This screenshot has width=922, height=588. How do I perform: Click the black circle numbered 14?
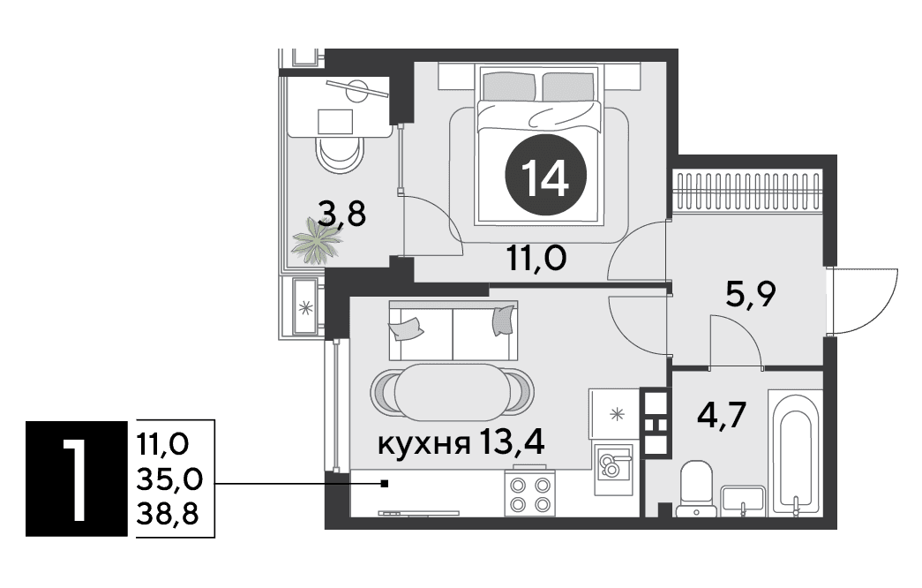click(x=545, y=175)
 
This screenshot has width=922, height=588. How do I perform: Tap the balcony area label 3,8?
click(x=341, y=214)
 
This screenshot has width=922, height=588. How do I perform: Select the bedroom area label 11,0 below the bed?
click(x=536, y=258)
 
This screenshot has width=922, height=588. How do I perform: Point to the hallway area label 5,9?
click(x=751, y=294)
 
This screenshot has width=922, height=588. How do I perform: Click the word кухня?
click(x=424, y=444)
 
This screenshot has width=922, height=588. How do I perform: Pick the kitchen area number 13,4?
click(x=512, y=441)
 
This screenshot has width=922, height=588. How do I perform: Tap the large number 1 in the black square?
click(x=77, y=479)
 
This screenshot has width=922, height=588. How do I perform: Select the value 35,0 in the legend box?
click(x=169, y=479)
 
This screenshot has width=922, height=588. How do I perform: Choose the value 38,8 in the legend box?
click(x=169, y=515)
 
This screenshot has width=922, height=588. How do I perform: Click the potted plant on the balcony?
click(x=317, y=240)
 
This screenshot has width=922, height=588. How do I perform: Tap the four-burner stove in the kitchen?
click(x=529, y=494)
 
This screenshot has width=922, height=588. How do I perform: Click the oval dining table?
click(x=453, y=392)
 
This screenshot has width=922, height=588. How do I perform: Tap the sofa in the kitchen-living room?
click(x=454, y=331)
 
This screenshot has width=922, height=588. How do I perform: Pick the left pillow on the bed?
click(x=509, y=86)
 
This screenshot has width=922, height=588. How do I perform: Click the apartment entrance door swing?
click(x=862, y=301)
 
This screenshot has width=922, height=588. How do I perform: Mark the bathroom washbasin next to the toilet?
click(x=743, y=501)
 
